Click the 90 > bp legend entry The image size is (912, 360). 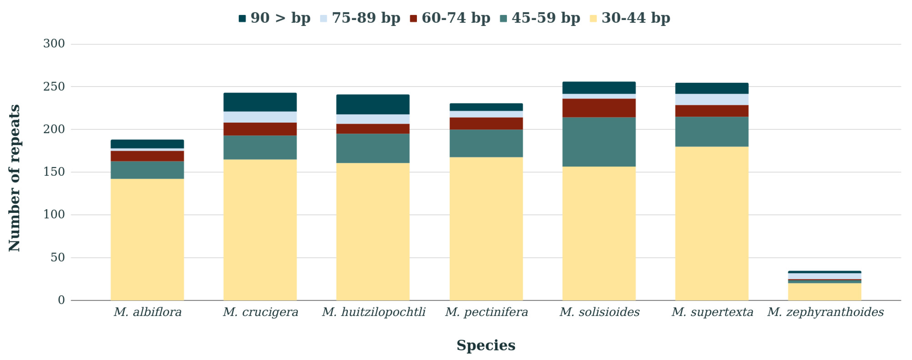click(274, 18)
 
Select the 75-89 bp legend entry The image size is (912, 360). click(360, 18)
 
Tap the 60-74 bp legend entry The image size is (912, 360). click(450, 18)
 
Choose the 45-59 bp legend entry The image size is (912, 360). click(540, 18)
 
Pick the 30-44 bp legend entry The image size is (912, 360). click(630, 18)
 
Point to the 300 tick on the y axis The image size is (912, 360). click(54, 44)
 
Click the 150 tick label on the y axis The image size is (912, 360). click(54, 172)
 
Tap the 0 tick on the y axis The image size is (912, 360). click(61, 300)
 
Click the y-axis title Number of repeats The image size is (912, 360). click(14, 178)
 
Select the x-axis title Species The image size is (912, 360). click(486, 345)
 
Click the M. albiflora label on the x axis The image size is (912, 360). click(147, 312)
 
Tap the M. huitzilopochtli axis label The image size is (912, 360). click(373, 312)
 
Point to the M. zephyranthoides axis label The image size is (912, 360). click(825, 312)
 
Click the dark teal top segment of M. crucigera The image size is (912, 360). click(260, 102)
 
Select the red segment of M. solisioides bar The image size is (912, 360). click(599, 108)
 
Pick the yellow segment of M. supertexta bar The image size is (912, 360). click(712, 223)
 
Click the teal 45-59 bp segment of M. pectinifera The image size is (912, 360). click(486, 143)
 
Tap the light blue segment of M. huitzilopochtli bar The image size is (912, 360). click(373, 119)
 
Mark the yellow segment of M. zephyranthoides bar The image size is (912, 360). click(825, 292)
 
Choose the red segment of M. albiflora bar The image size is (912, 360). click(147, 156)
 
